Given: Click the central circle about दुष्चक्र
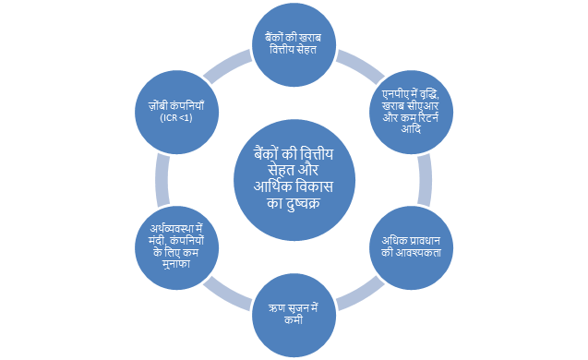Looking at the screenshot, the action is point(294,180).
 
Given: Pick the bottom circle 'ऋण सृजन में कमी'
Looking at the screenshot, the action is point(293,313).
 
